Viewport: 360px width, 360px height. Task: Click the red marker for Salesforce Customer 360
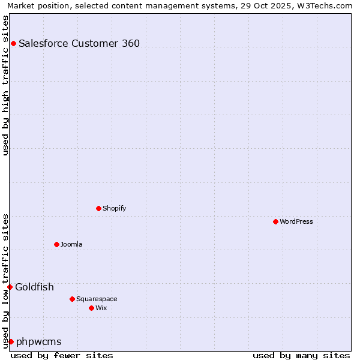click(x=13, y=43)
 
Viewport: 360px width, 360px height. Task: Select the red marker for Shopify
click(x=98, y=208)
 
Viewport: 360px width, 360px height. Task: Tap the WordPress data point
click(x=275, y=221)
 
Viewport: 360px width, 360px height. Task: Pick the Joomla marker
click(x=56, y=244)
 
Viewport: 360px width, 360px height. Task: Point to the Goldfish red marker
click(x=10, y=287)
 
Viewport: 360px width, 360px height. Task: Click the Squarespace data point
click(x=72, y=299)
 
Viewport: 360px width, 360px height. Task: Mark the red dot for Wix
click(x=91, y=308)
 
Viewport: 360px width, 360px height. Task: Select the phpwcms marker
click(x=11, y=341)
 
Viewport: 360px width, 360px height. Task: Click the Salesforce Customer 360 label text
click(x=79, y=43)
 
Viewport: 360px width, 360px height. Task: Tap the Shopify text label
click(x=114, y=208)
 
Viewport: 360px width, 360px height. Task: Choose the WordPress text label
click(x=296, y=221)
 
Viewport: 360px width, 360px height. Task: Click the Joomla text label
click(x=71, y=244)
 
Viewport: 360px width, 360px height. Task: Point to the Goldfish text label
click(x=34, y=287)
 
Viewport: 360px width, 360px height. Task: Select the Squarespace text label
click(x=97, y=299)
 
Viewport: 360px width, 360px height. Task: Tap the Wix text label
click(x=101, y=308)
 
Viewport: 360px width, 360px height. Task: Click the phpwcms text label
click(x=39, y=341)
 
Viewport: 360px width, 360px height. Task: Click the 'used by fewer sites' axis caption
click(x=62, y=355)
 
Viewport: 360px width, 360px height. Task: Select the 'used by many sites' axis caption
click(x=301, y=355)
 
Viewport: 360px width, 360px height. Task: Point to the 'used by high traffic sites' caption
click(x=5, y=85)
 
